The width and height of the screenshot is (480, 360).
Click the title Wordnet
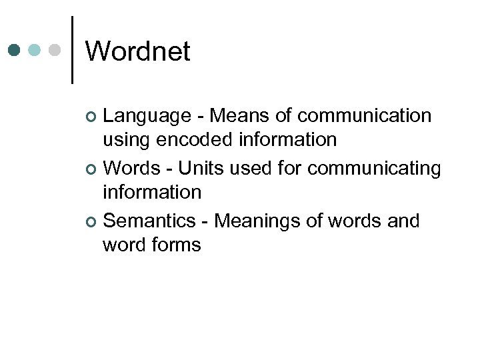pyautogui.click(x=138, y=51)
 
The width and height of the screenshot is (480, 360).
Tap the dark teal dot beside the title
pyautogui.click(x=15, y=50)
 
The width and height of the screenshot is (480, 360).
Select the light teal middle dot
pyautogui.click(x=35, y=50)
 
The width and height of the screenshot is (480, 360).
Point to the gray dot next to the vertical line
pyautogui.click(x=55, y=50)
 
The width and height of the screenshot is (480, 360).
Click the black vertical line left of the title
pyautogui.click(x=72, y=50)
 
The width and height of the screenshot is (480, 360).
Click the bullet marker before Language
pyautogui.click(x=92, y=117)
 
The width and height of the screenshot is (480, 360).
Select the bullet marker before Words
pyautogui.click(x=92, y=169)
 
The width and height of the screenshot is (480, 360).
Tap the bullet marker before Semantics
pyautogui.click(x=92, y=221)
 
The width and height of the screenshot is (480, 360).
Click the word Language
pyautogui.click(x=147, y=116)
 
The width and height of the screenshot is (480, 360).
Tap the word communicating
pyautogui.click(x=374, y=169)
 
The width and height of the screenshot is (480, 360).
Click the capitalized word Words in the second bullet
pyautogui.click(x=133, y=168)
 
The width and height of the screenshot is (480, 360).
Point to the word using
pyautogui.click(x=127, y=141)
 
